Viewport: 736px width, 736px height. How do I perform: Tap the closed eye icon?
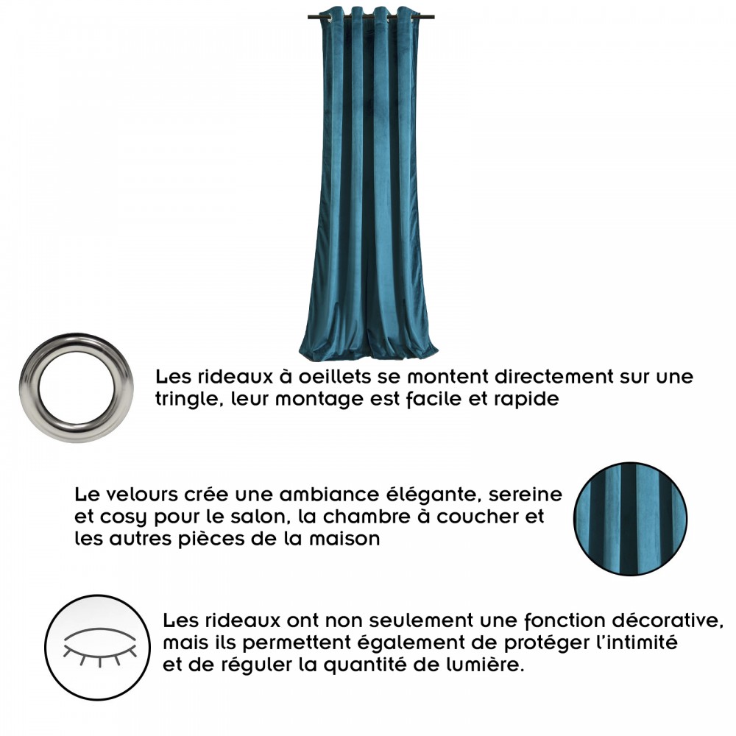coord(99,646)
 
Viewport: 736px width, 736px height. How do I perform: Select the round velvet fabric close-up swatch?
coord(630,519)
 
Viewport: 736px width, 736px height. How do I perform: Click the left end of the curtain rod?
coord(309,18)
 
